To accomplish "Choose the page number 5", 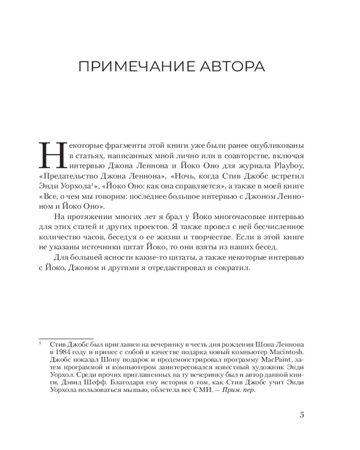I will pyautogui.click(x=301, y=415).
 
